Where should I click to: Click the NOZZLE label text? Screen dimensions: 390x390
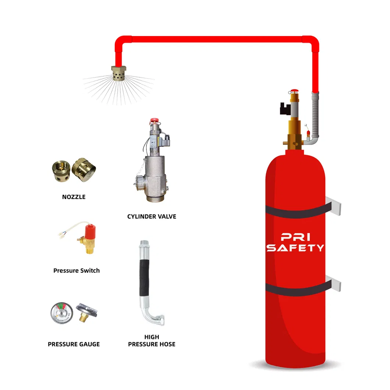coord(74,197)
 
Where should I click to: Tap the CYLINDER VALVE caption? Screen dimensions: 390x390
coord(152,216)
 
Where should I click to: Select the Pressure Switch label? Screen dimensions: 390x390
coord(76,270)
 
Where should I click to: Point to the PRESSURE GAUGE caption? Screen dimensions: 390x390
coord(74,344)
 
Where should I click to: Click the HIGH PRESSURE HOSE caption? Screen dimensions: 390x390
coord(152,340)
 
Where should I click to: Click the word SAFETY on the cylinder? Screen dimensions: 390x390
coord(295,248)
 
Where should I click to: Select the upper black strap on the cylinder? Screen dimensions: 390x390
coord(295,210)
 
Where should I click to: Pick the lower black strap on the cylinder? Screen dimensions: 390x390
coord(295,290)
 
